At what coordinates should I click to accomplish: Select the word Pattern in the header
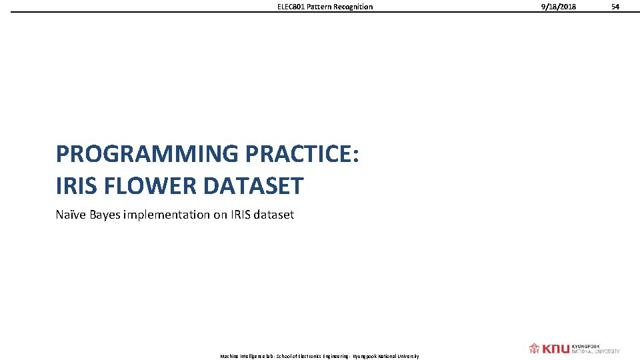(x=320, y=7)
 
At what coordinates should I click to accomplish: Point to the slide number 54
(x=615, y=7)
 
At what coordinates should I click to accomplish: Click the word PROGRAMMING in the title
(x=147, y=154)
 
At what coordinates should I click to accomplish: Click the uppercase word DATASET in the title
(x=253, y=186)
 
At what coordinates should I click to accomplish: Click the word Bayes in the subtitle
(x=107, y=215)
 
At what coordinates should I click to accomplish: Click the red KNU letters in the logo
(x=555, y=349)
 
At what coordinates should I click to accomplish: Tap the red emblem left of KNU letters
(x=534, y=349)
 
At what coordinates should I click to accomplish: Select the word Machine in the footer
(x=229, y=357)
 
